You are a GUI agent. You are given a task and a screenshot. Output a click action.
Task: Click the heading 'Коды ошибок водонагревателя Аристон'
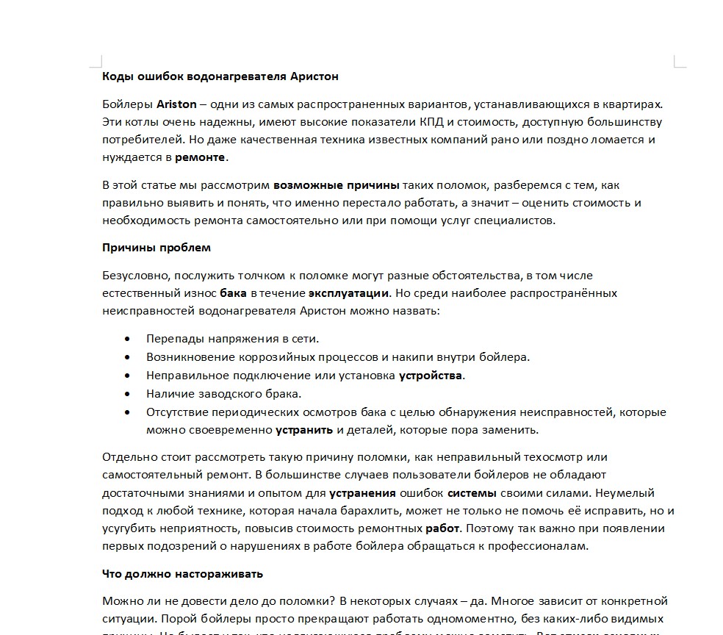220,76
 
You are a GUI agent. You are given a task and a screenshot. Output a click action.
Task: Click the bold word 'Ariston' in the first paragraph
176,104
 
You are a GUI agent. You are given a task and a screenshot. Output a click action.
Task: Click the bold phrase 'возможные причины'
336,185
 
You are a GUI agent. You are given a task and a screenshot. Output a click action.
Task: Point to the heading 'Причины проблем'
157,248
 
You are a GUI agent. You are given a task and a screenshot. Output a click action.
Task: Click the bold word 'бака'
233,293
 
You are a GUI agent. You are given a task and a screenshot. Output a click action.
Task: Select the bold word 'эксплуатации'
348,293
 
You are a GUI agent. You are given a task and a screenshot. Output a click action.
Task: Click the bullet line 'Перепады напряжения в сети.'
232,339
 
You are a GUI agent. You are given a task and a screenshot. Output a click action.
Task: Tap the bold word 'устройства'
431,376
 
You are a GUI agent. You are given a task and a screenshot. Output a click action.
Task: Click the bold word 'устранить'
304,430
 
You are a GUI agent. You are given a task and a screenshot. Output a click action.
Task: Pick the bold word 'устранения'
362,493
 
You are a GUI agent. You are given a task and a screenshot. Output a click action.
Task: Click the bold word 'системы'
472,493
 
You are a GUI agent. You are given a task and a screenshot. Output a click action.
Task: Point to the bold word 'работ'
442,528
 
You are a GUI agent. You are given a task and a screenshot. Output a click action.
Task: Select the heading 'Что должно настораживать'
182,574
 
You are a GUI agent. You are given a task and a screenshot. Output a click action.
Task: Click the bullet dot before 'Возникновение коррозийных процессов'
129,358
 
